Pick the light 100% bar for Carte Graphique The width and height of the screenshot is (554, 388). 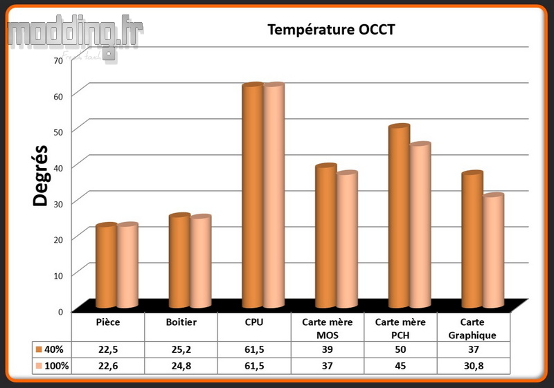pyautogui.click(x=493, y=252)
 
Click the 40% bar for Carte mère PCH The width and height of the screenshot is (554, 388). pyautogui.click(x=399, y=217)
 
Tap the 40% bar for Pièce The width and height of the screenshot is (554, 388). pyautogui.click(x=106, y=266)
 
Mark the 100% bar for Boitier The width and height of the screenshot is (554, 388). pyautogui.click(x=200, y=263)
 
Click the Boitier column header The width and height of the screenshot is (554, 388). pyautogui.click(x=181, y=322)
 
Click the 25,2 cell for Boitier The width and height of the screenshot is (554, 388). pyautogui.click(x=181, y=348)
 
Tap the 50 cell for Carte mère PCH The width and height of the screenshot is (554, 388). pyautogui.click(x=401, y=348)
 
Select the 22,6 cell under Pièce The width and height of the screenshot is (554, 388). pyautogui.click(x=108, y=365)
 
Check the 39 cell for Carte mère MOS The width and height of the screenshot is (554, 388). pyautogui.click(x=328, y=348)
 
